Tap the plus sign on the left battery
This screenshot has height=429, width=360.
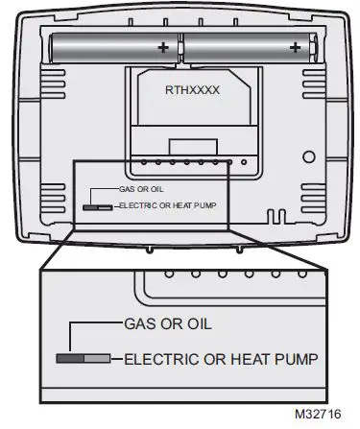pyautogui.click(x=163, y=45)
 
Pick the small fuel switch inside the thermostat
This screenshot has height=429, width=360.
pyautogui.click(x=97, y=205)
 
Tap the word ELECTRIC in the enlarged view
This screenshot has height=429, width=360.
pyautogui.click(x=159, y=359)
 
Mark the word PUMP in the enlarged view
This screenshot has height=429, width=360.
pyautogui.click(x=298, y=359)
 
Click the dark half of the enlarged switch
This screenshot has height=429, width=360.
pyautogui.click(x=70, y=359)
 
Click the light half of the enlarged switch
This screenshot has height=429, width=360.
pyautogui.click(x=97, y=359)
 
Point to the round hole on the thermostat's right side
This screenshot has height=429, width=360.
pyautogui.click(x=309, y=156)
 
